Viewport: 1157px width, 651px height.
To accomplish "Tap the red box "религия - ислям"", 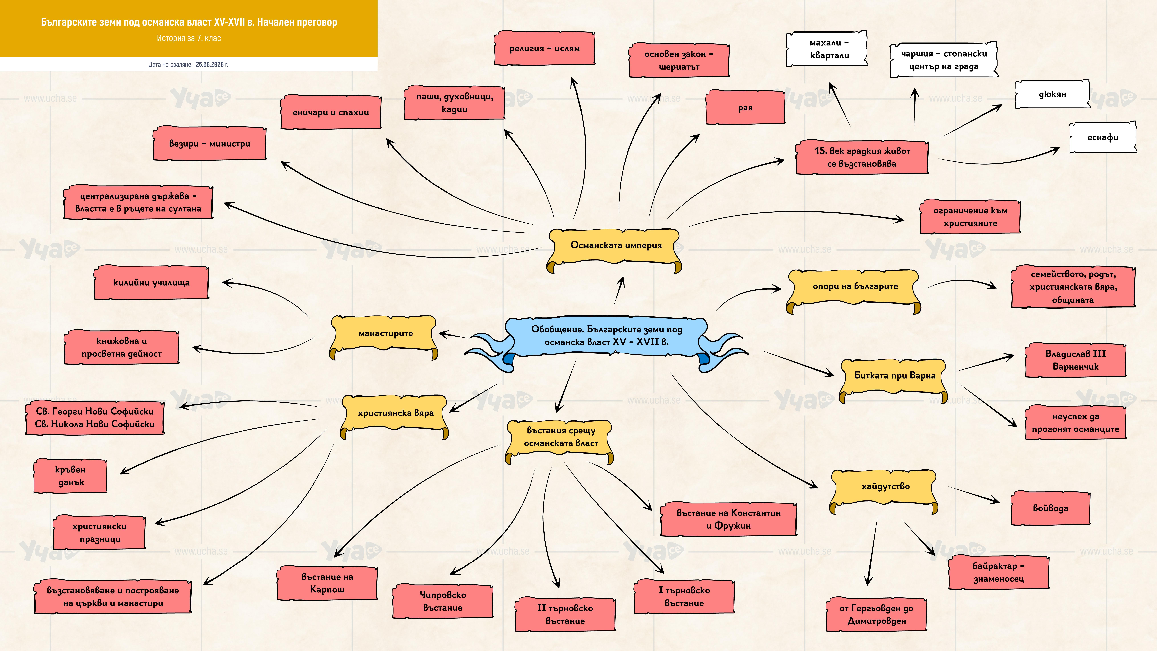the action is pyautogui.click(x=544, y=48).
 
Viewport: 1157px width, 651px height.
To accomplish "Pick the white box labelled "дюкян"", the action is pyautogui.click(x=1052, y=94).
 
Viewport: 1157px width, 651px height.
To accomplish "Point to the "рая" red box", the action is pyautogui.click(x=745, y=107).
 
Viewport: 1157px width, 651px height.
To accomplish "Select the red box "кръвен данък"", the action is pyautogui.click(x=71, y=476).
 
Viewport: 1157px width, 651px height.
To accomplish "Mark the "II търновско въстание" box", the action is pyautogui.click(x=565, y=614).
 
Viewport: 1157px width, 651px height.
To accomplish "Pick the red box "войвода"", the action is pyautogui.click(x=1051, y=508).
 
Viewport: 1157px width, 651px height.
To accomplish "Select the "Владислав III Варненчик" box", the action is pyautogui.click(x=1076, y=360).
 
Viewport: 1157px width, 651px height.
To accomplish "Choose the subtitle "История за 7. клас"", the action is pyautogui.click(x=189, y=38).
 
